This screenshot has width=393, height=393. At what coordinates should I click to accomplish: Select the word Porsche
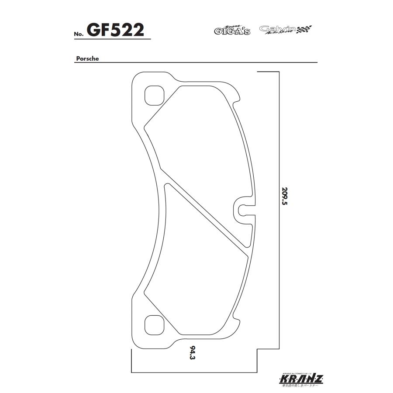click(87, 59)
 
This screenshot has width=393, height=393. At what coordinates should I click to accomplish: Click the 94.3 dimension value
click(192, 353)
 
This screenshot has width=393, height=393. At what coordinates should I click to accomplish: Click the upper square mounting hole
click(153, 96)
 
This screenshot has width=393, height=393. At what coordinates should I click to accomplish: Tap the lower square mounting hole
click(153, 324)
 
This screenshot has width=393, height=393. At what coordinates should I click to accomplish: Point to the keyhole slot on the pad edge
click(243, 209)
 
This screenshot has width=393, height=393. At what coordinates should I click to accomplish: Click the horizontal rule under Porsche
click(196, 62)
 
